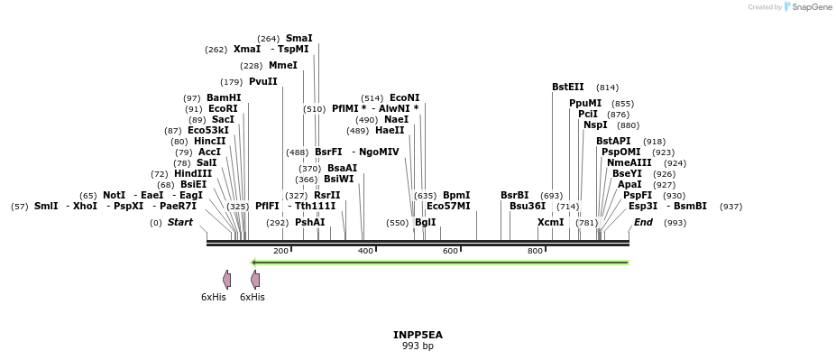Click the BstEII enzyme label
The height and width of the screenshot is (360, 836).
[568, 88]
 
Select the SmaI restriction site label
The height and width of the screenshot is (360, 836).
[299, 39]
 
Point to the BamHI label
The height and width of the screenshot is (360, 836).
[224, 98]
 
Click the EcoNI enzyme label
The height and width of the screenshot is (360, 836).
[404, 98]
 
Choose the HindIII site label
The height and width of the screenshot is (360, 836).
[193, 174]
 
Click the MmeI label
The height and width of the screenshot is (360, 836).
[283, 66]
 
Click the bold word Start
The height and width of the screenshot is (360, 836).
[180, 222]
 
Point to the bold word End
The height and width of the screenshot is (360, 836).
[643, 222]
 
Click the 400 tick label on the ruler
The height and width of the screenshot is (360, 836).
[366, 251]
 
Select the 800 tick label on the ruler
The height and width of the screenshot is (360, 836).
[534, 251]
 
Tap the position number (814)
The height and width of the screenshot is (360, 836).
[608, 88]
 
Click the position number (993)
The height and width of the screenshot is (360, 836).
[675, 222]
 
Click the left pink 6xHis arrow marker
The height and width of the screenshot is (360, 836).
[227, 280]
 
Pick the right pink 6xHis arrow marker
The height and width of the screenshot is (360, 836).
[255, 280]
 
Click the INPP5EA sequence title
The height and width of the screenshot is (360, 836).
[418, 335]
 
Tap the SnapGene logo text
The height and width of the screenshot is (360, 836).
[810, 7]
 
